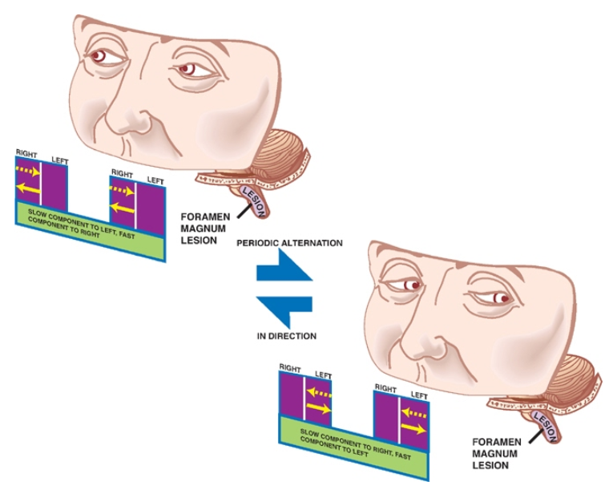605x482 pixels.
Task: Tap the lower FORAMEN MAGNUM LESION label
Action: pyautogui.click(x=495, y=453)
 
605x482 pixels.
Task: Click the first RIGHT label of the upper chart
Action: pyautogui.click(x=26, y=151)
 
